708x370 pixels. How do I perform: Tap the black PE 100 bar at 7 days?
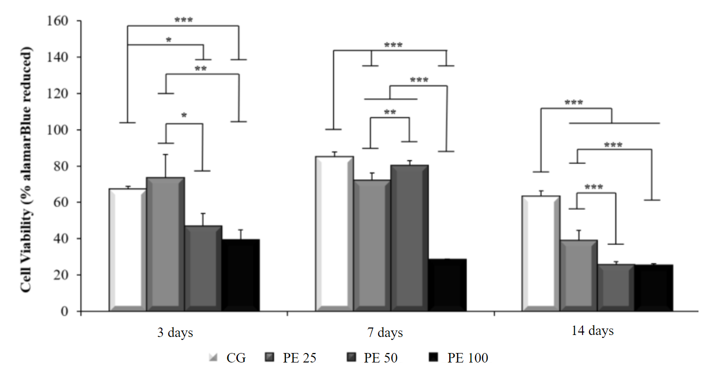(447, 285)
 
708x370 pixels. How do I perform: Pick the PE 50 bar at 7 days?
(409, 237)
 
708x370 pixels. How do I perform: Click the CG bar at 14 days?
(541, 252)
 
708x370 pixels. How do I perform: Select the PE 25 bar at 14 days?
(579, 275)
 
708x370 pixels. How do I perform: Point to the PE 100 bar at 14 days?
(654, 287)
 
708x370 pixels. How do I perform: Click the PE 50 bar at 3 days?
(203, 267)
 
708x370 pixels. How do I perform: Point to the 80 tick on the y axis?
(62, 166)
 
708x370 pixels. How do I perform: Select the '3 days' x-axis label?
(174, 332)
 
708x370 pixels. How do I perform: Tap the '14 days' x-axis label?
(592, 331)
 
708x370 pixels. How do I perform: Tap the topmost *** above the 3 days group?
(183, 20)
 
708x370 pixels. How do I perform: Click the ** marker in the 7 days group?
(390, 112)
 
